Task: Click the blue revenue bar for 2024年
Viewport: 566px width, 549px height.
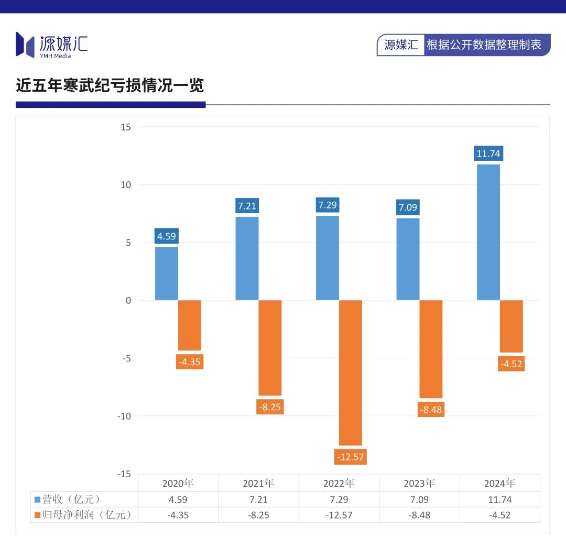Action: [x=488, y=232]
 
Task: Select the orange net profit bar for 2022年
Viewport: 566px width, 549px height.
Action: [x=350, y=372]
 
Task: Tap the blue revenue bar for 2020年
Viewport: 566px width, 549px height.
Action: [x=167, y=273]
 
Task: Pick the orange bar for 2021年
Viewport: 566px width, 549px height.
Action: [x=270, y=348]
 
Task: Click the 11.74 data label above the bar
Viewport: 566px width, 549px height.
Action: [x=488, y=154]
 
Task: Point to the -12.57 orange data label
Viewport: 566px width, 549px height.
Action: [x=350, y=457]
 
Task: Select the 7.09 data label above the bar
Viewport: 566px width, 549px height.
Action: [x=408, y=207]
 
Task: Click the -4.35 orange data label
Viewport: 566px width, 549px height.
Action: [x=189, y=361]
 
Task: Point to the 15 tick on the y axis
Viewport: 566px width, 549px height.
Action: [x=125, y=127]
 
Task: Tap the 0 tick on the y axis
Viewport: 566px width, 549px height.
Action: [x=127, y=300]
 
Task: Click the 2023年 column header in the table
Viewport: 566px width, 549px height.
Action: [x=419, y=483]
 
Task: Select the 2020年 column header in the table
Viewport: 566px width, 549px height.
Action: [x=178, y=483]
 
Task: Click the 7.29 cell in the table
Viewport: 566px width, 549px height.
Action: [x=339, y=499]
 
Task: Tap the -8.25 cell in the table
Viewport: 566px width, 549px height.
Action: [x=258, y=515]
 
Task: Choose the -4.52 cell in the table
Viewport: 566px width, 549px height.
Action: [x=499, y=515]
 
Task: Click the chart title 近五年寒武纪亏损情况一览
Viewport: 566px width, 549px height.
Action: [x=110, y=85]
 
